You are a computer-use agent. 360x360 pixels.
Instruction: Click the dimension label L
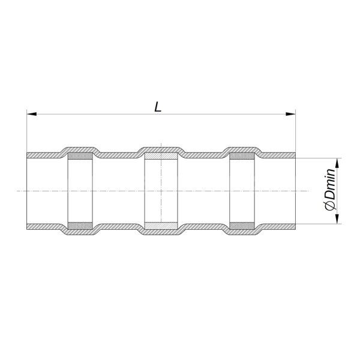[158, 107]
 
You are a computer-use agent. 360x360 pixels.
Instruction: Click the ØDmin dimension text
[331, 189]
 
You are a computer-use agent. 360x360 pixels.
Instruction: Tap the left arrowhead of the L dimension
[31, 114]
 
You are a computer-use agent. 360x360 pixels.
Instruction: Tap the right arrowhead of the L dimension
[290, 114]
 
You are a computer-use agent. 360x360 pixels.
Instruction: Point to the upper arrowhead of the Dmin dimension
[337, 163]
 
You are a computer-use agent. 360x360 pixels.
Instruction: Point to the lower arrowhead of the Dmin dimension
[337, 219]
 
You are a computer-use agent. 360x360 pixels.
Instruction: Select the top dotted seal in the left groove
[80, 156]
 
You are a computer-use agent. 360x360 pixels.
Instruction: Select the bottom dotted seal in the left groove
[80, 226]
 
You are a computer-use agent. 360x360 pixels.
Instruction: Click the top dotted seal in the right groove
[242, 156]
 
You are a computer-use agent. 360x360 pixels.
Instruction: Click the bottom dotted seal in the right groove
[242, 226]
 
